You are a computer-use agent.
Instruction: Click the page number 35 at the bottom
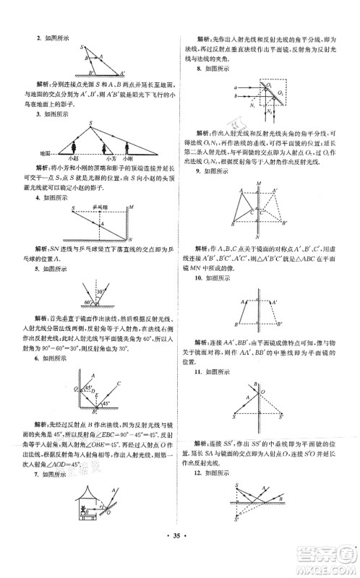tap(180, 558)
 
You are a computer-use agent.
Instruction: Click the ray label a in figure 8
tap(236, 87)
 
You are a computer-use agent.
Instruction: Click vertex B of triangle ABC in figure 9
tap(233, 224)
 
